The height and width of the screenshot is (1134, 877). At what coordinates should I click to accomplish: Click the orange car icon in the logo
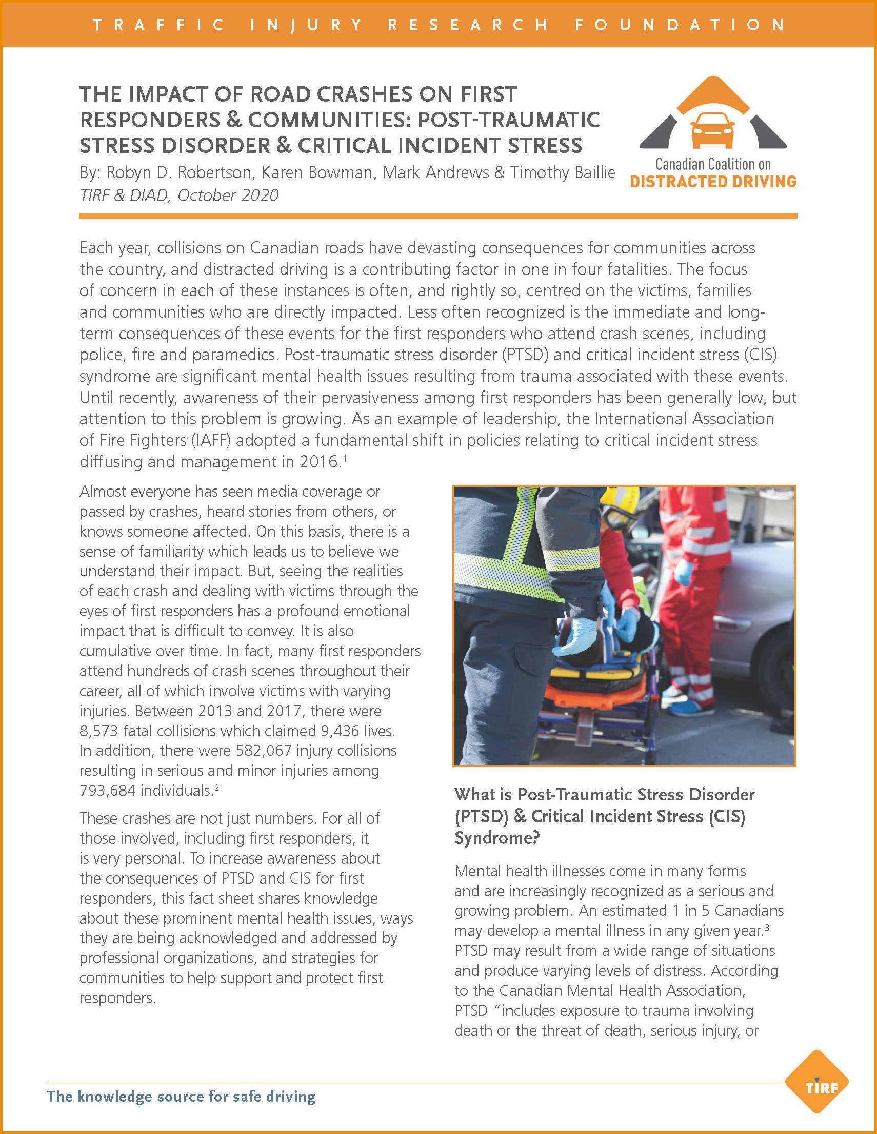[x=713, y=130]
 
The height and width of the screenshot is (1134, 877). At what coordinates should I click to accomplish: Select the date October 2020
[x=228, y=195]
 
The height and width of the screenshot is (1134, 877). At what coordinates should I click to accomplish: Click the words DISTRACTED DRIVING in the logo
[x=713, y=182]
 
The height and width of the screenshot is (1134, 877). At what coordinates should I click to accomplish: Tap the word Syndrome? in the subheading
[x=496, y=838]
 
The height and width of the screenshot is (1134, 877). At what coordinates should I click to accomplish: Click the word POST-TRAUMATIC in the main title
[x=509, y=120]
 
